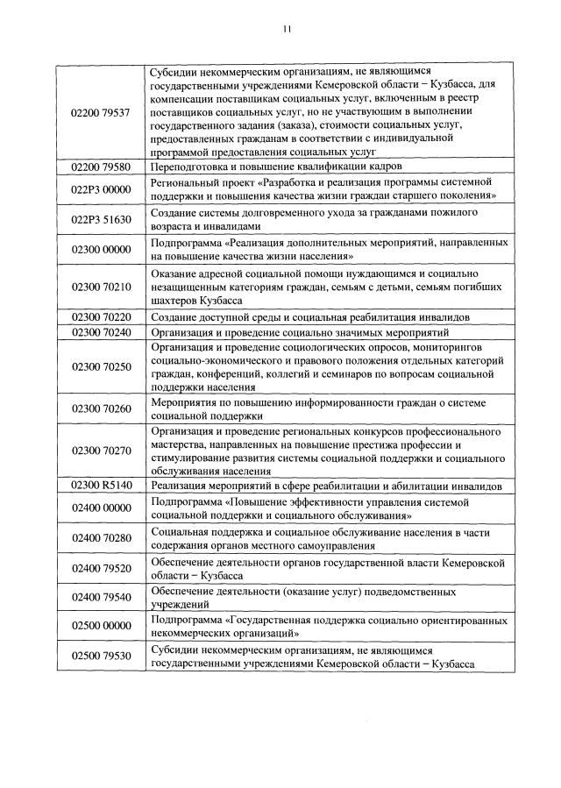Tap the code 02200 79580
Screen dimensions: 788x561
point(99,166)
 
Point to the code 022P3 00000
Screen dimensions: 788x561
point(99,188)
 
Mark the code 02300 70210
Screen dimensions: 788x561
point(99,287)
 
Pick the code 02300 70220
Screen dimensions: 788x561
point(99,316)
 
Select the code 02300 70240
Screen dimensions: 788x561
point(99,333)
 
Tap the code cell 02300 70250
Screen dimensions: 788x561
point(99,366)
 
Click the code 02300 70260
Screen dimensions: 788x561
point(99,408)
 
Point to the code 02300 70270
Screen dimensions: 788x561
point(99,451)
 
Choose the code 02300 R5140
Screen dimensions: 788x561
point(99,485)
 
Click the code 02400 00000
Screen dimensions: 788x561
point(99,508)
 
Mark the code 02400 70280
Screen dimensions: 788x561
point(99,538)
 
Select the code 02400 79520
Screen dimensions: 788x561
point(99,569)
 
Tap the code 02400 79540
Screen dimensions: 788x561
point(99,598)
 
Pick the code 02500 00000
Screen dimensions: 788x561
point(99,628)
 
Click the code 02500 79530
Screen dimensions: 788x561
point(99,657)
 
